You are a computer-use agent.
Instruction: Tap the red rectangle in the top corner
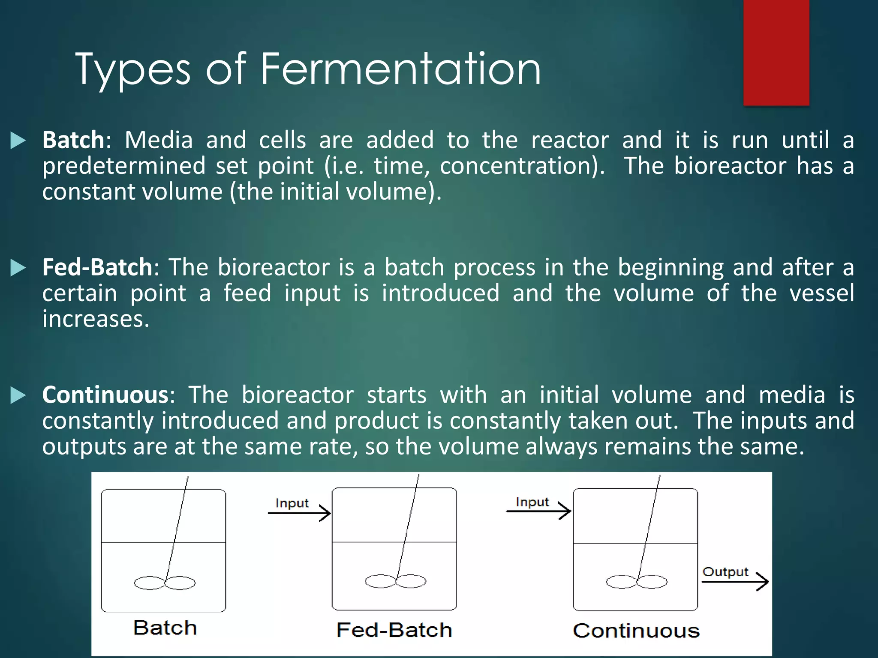[x=776, y=52]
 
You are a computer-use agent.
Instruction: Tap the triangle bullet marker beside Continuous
[x=18, y=395]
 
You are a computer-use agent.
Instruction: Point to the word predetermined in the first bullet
[x=123, y=166]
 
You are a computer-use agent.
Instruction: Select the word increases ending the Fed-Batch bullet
[x=95, y=319]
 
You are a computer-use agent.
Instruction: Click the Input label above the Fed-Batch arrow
[x=292, y=503]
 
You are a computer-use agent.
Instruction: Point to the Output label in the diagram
[x=725, y=572]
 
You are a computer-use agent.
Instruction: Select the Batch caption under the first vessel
[x=165, y=628]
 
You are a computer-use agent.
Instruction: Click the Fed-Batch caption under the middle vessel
[x=394, y=630]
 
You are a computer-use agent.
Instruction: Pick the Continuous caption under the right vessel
[x=636, y=631]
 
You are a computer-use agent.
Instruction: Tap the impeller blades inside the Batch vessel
[x=165, y=583]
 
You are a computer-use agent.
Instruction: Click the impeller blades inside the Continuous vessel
[x=637, y=582]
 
